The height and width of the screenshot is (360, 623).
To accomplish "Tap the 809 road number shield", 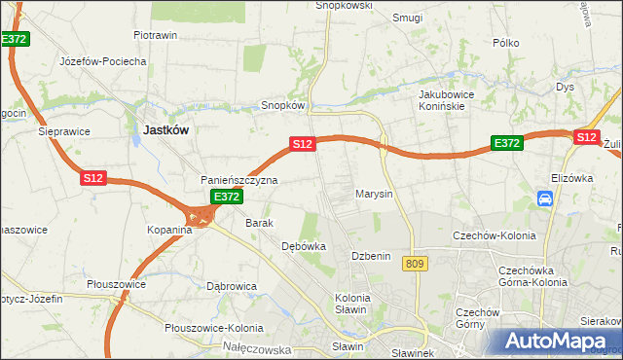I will [419, 264].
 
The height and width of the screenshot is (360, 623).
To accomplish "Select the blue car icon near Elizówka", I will [545, 199].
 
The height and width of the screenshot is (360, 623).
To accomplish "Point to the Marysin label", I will [373, 194].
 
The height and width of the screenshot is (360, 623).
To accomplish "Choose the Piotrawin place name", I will [155, 35].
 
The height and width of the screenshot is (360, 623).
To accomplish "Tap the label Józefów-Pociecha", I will [102, 60].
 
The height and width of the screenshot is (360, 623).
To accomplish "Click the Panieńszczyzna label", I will [239, 180].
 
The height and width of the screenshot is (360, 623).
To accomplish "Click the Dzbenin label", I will [371, 256].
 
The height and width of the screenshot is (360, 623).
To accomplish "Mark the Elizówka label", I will [571, 178].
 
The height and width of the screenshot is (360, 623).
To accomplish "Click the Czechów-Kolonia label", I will [490, 235].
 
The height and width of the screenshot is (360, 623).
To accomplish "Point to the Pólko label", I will [506, 43].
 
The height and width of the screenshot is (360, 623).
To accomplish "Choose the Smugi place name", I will [407, 18].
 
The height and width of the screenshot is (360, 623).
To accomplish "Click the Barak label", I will [259, 223].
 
